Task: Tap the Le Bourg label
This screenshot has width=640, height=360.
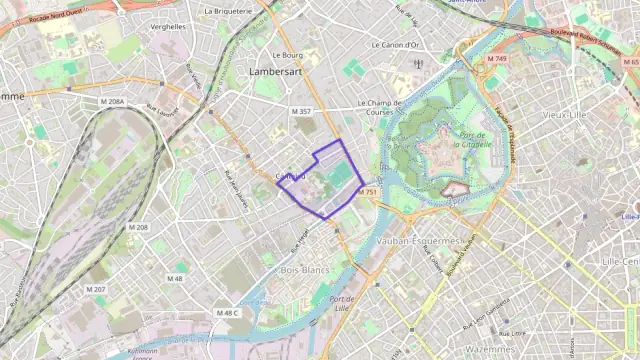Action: click(286, 56)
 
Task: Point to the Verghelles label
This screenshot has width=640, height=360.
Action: click(167, 27)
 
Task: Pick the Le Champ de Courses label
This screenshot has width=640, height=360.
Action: click(394, 104)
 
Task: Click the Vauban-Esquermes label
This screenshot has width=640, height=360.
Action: click(420, 241)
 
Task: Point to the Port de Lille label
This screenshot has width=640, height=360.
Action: click(343, 305)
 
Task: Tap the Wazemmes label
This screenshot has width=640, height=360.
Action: click(490, 349)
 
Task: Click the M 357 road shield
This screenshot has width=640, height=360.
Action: click(301, 111)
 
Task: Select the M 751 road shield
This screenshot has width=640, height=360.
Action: click(367, 192)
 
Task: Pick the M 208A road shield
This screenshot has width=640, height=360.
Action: click(112, 102)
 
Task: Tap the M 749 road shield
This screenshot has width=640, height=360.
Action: click(496, 59)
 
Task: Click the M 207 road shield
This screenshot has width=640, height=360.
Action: click(96, 289)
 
